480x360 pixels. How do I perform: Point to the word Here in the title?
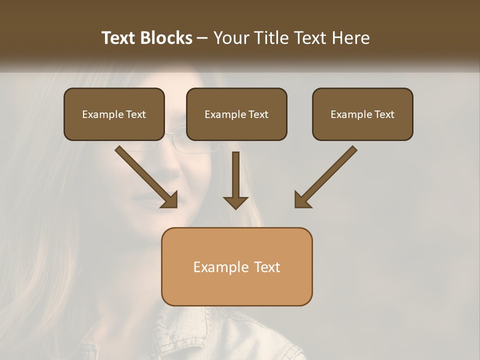352,38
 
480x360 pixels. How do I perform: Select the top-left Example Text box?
114,114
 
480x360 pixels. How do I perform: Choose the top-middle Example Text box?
236,114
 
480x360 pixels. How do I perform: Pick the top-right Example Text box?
362,114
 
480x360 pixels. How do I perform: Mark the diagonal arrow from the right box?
328,175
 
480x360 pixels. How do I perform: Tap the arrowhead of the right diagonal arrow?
302,200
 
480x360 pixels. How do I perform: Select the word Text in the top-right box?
384,114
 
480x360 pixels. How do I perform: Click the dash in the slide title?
202,38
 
